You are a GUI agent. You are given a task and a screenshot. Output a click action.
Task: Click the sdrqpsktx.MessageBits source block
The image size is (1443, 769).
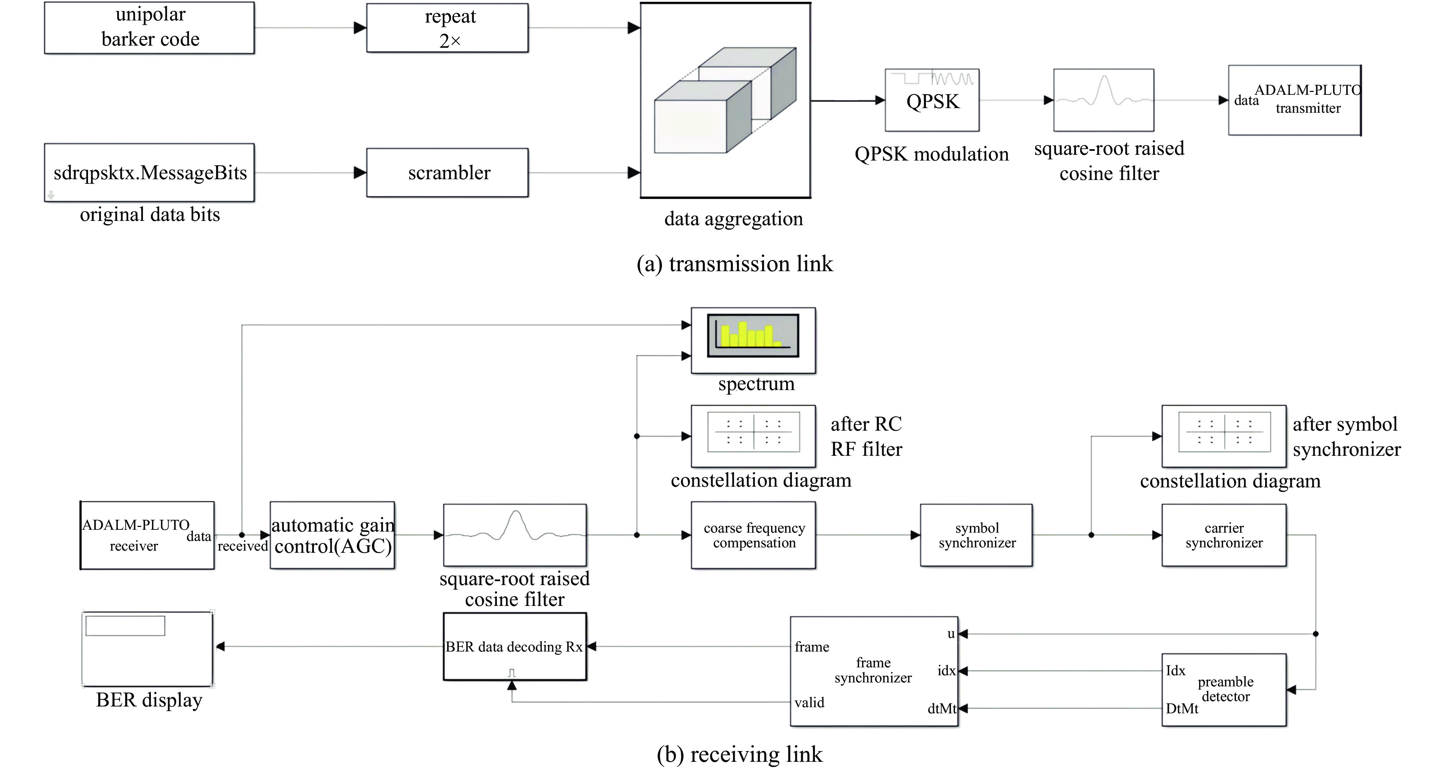coord(149,172)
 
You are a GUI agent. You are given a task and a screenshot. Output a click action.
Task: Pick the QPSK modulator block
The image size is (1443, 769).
coord(932,100)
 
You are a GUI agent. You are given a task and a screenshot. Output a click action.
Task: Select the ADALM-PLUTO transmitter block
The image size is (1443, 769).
coord(1295,100)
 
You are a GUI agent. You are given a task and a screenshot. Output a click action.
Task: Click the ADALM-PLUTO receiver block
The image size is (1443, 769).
coord(147,536)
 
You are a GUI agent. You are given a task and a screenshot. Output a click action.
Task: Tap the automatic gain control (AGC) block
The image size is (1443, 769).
coord(333,536)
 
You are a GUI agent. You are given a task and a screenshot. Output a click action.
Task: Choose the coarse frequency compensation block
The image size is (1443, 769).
coord(753,536)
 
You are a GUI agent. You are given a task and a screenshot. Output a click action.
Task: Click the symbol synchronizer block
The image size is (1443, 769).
coord(976,536)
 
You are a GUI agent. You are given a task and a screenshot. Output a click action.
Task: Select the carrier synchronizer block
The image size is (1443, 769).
coord(1224,536)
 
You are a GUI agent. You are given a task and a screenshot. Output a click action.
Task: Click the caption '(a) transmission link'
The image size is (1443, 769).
coord(734,264)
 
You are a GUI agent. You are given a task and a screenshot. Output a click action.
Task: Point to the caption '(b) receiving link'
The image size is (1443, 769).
coord(739,754)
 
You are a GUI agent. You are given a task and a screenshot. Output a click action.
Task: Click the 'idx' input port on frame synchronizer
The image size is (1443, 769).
coord(946,671)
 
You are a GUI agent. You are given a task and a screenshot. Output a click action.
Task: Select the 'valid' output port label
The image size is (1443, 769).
coord(810,702)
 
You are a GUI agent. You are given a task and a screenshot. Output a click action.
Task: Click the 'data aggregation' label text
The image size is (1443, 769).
coord(733,218)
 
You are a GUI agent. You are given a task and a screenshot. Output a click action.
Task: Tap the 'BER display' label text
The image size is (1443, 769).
coord(149,700)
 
